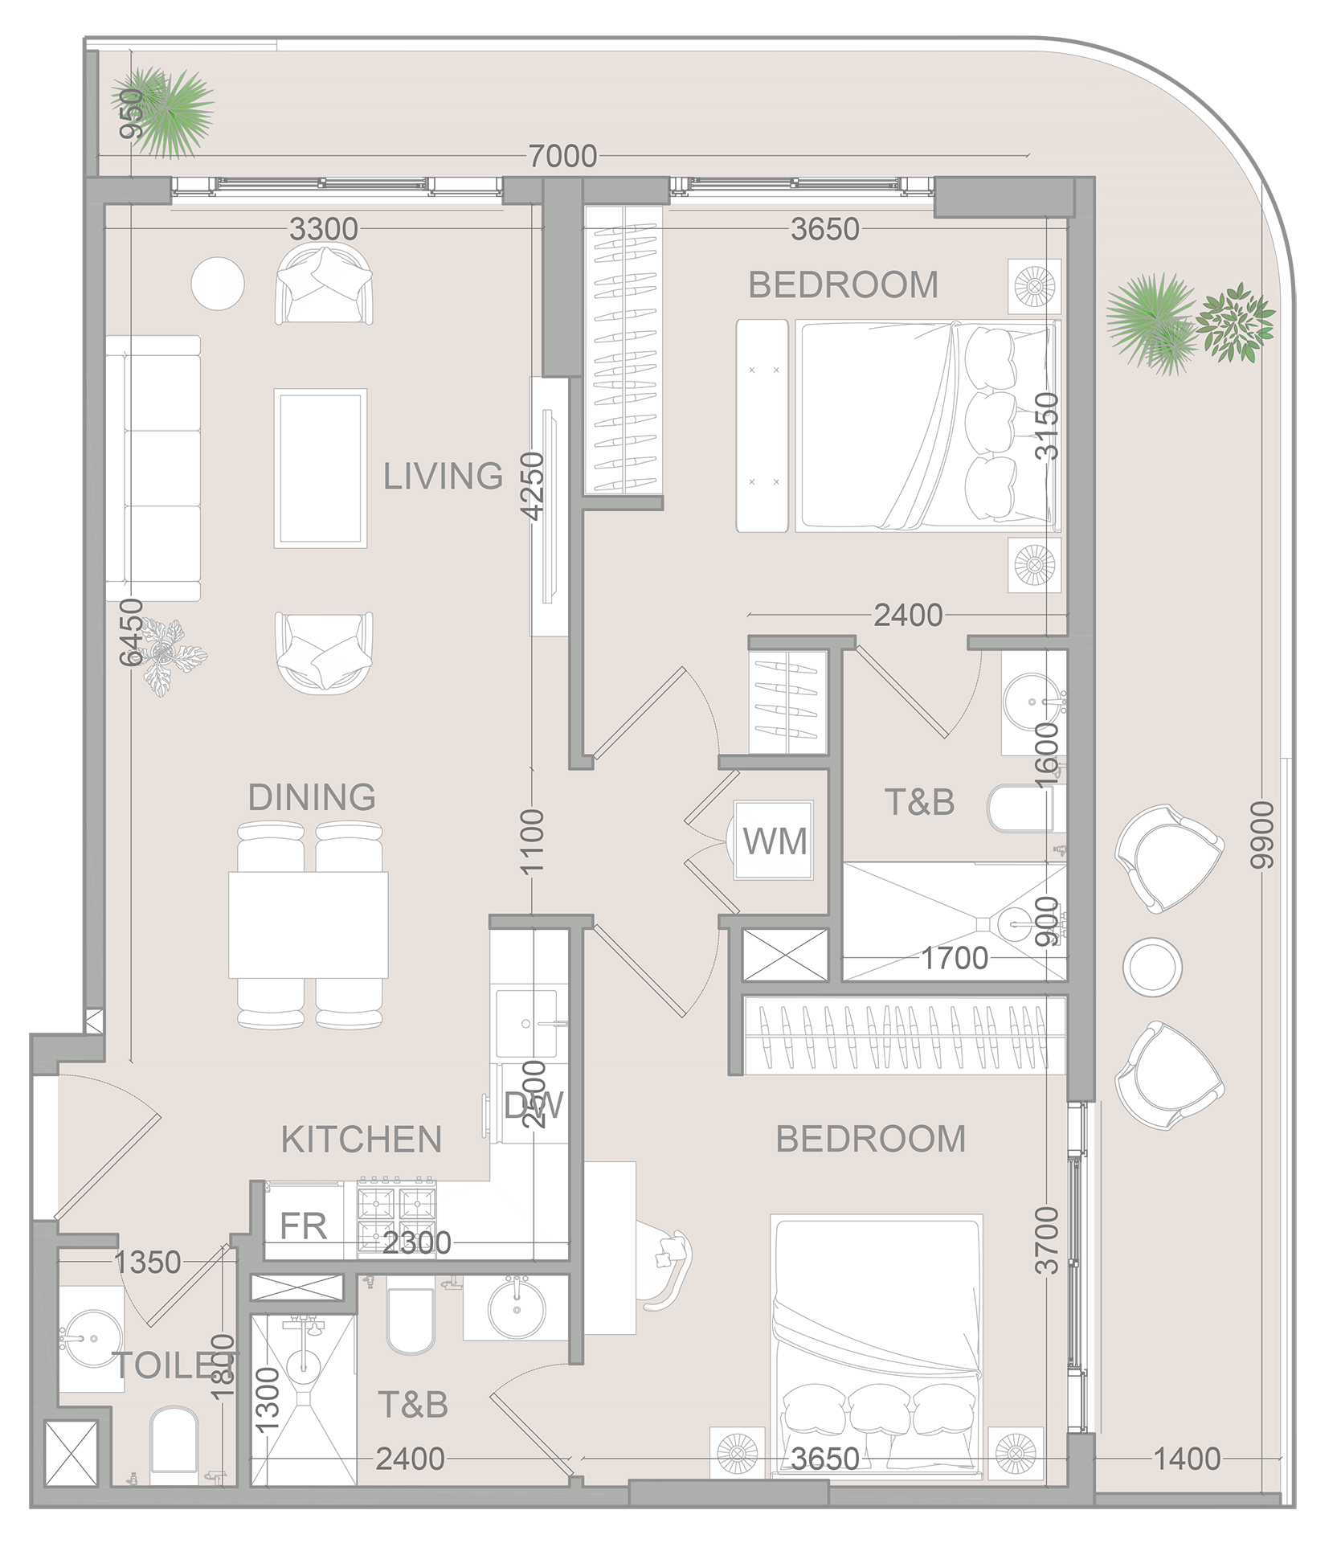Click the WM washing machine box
(774, 841)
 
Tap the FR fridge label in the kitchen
(303, 1226)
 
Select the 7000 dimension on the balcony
(562, 156)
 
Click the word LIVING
(443, 477)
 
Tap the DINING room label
(312, 797)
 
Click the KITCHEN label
(362, 1140)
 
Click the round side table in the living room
(218, 283)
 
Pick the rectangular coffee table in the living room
(321, 468)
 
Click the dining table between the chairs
(309, 924)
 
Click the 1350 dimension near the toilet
(147, 1263)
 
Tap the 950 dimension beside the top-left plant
(131, 113)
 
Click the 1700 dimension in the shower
(954, 958)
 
